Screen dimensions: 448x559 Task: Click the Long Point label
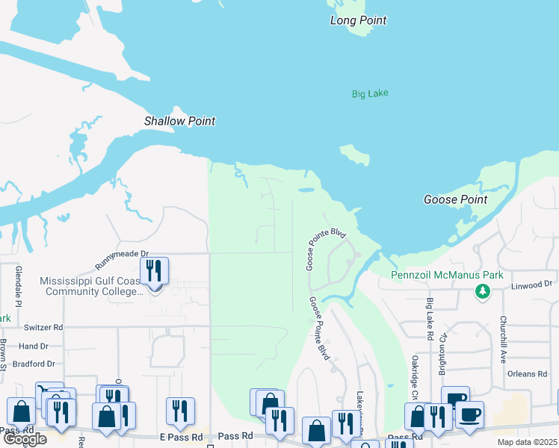pyautogui.click(x=359, y=21)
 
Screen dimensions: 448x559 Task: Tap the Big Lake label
pyautogui.click(x=371, y=93)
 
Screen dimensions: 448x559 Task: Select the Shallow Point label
pyautogui.click(x=179, y=121)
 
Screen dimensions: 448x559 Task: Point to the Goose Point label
pyautogui.click(x=455, y=199)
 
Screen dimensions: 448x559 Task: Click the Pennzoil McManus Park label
pyautogui.click(x=448, y=275)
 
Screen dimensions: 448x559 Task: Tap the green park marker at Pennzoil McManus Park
pyautogui.click(x=483, y=290)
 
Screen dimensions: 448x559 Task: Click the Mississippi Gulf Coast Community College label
pyautogui.click(x=91, y=286)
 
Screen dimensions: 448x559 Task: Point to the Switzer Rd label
pyautogui.click(x=43, y=327)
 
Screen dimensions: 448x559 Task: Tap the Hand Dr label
pyautogui.click(x=33, y=346)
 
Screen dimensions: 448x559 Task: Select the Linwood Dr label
pyautogui.click(x=531, y=284)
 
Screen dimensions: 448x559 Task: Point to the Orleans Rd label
pyautogui.click(x=531, y=374)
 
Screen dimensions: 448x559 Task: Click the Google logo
pyautogui.click(x=25, y=439)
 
